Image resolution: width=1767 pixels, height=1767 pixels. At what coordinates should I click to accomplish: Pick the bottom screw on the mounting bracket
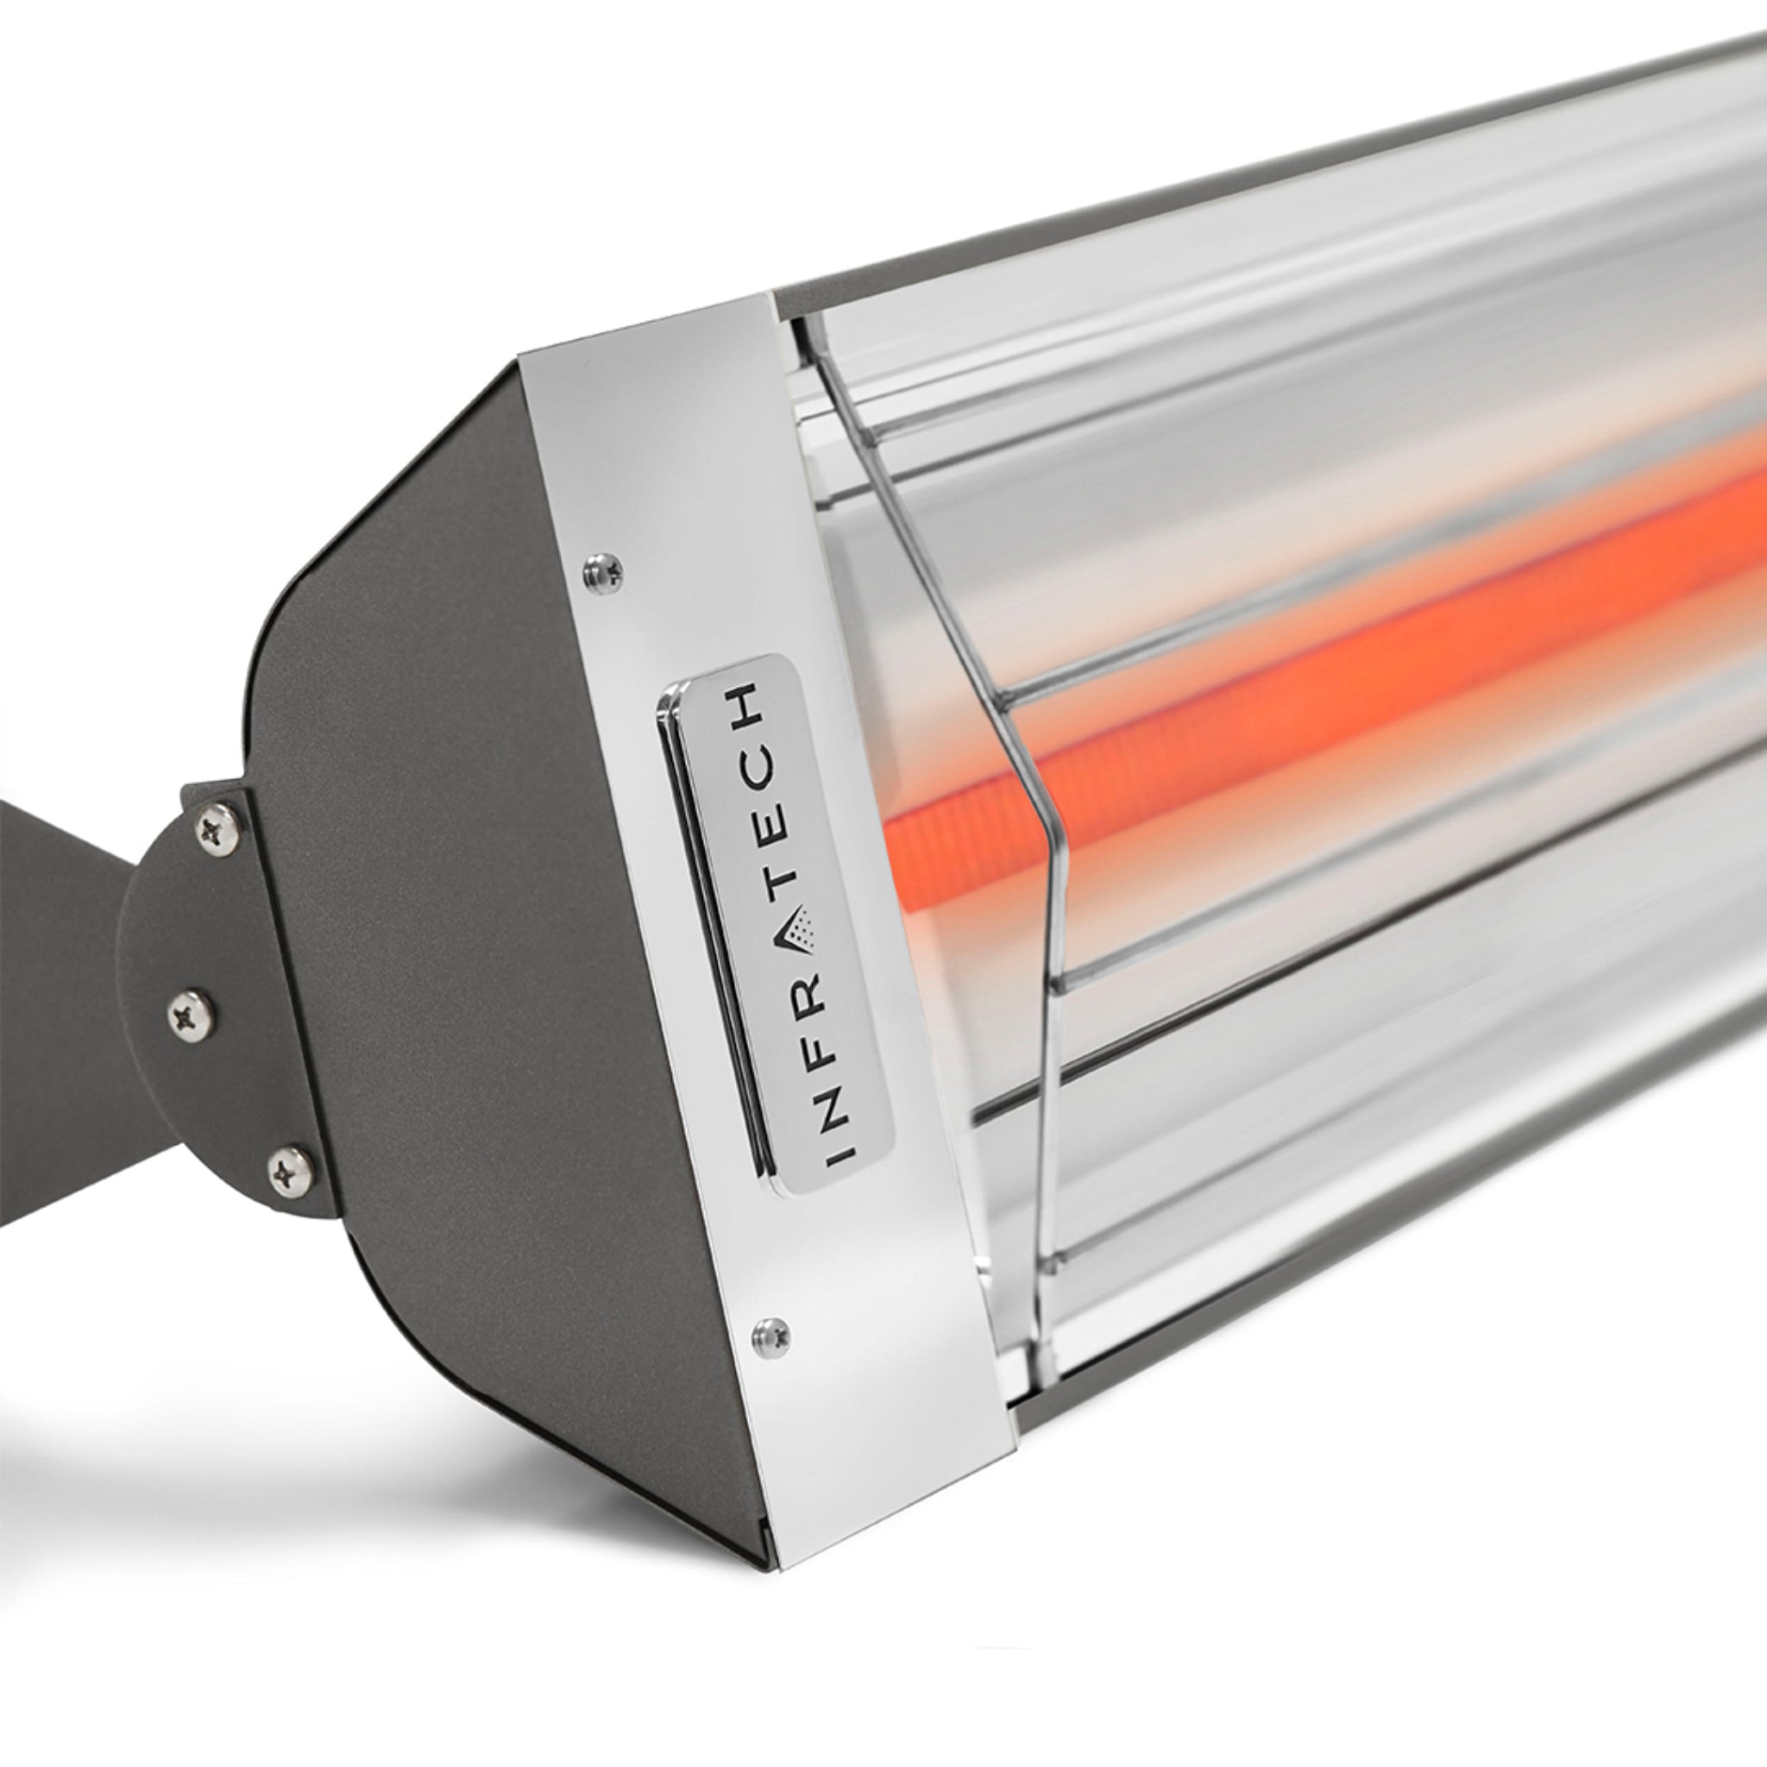pyautogui.click(x=291, y=1168)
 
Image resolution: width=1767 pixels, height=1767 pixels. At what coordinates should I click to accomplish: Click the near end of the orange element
pyautogui.click(x=901, y=823)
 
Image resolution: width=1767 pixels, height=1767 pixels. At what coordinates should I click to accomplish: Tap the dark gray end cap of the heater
pyautogui.click(x=457, y=915)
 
